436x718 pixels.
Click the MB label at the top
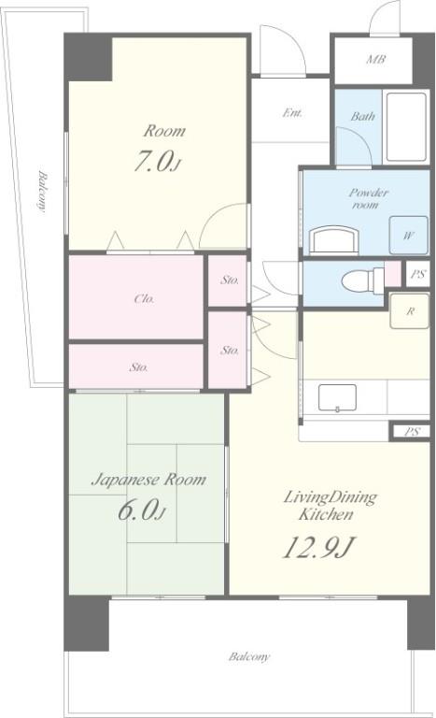tap(375, 59)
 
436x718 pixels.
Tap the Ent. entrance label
tap(292, 112)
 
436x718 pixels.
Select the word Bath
tap(362, 116)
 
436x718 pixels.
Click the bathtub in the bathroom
tap(406, 127)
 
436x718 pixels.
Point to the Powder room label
tap(368, 198)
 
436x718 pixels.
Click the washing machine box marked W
tap(408, 236)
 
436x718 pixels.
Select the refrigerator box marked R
tap(410, 311)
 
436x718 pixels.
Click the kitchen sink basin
tap(337, 398)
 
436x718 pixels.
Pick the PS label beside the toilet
tap(417, 274)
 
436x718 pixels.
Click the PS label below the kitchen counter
tap(412, 431)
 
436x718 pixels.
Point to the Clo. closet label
tap(144, 299)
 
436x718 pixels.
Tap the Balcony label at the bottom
tap(249, 657)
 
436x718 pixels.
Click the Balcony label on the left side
tap(42, 192)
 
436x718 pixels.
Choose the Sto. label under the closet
tap(138, 367)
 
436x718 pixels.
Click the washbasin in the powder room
tap(334, 239)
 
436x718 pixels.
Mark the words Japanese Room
tap(148, 480)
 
